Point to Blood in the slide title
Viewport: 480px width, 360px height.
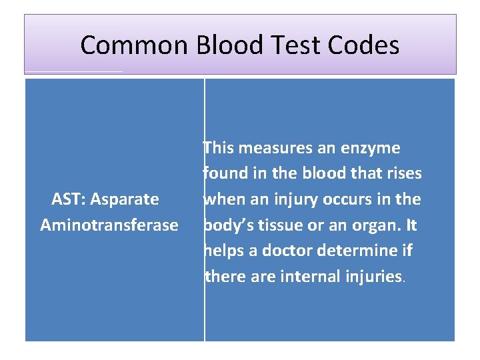point(234,45)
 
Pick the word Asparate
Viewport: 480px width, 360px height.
point(125,199)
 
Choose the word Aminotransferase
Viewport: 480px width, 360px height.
point(109,225)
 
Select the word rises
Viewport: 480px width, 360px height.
point(403,173)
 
